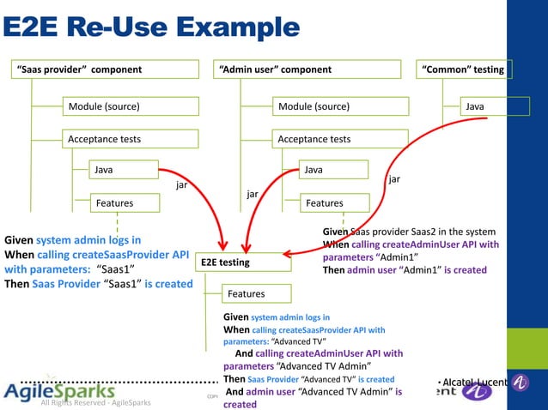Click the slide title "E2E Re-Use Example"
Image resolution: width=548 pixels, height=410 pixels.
pyautogui.click(x=152, y=27)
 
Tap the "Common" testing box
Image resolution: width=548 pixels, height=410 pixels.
pyautogui.click(x=463, y=69)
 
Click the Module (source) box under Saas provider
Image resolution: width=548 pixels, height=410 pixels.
pyautogui.click(x=129, y=106)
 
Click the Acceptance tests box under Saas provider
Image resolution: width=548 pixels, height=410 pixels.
pyautogui.click(x=129, y=138)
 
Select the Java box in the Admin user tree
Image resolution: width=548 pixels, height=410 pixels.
pyautogui.click(x=334, y=170)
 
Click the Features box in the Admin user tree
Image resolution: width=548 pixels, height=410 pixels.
pyautogui.click(x=334, y=202)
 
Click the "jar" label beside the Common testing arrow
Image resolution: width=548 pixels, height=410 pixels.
pyautogui.click(x=394, y=179)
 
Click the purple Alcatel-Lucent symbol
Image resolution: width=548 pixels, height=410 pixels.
pyautogui.click(x=477, y=391)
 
